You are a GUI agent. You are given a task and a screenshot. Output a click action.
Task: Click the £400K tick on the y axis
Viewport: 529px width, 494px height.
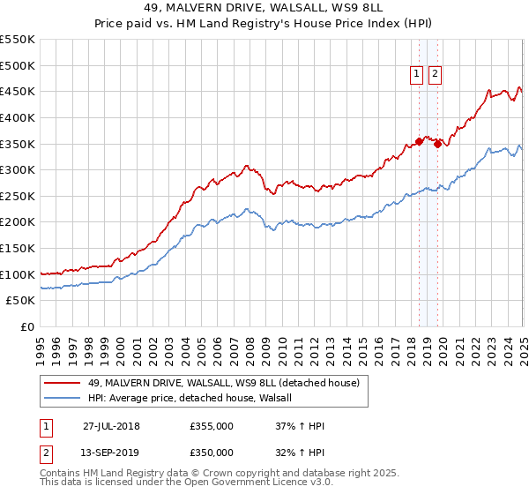[17, 117]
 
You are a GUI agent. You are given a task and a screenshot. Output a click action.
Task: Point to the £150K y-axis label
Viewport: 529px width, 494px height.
[17, 248]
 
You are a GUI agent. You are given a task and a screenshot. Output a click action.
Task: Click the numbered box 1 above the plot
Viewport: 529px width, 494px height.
[416, 75]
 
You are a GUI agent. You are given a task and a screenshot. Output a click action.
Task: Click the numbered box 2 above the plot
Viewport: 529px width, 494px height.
[435, 75]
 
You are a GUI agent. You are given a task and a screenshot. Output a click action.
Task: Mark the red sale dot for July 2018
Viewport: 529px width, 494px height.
[419, 141]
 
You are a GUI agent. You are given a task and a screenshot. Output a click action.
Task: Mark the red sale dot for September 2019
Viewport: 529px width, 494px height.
[437, 144]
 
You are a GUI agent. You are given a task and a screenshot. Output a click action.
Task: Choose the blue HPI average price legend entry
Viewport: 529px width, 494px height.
[195, 399]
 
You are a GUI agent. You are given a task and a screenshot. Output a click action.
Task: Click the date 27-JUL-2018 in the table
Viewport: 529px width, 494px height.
[111, 426]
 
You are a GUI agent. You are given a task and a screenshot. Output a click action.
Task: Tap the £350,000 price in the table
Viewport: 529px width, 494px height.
[212, 453]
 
